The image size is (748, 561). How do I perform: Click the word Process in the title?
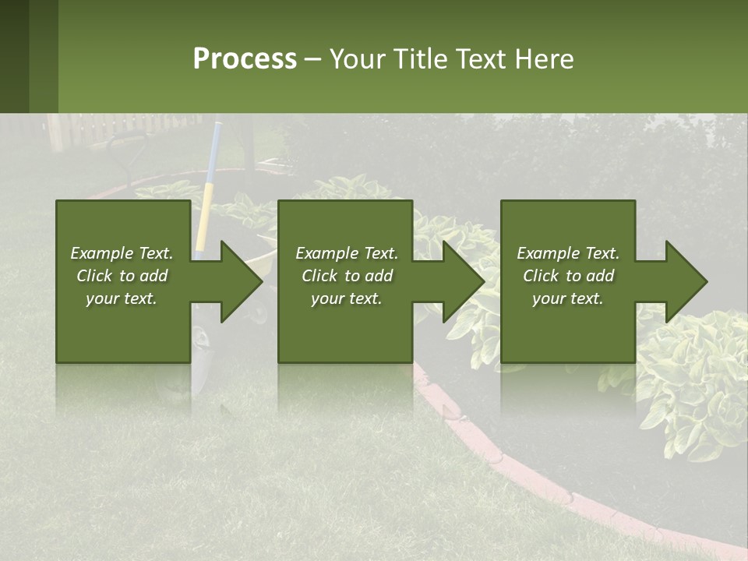click(x=245, y=59)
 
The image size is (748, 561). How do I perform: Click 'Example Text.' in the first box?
click(x=122, y=253)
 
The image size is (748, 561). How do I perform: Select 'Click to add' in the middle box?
click(x=347, y=276)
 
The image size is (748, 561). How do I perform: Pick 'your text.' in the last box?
click(x=567, y=298)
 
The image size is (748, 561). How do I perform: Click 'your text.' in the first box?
click(x=122, y=298)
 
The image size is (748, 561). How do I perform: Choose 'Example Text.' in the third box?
click(x=567, y=253)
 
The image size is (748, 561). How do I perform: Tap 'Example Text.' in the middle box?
click(x=347, y=253)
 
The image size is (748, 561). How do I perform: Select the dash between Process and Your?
click(x=313, y=59)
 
